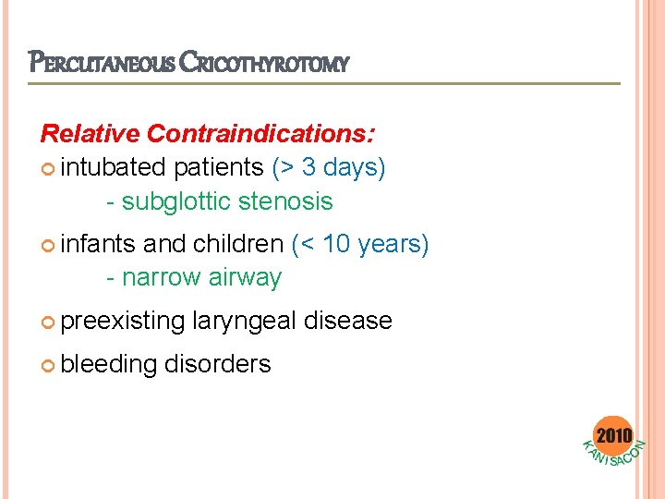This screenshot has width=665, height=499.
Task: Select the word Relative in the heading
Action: (x=90, y=134)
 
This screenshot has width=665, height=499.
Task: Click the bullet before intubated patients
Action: (x=48, y=169)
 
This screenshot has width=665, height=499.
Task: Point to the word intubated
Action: (x=116, y=168)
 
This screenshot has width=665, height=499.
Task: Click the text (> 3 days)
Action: (x=329, y=168)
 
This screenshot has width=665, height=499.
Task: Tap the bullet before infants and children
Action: (x=48, y=245)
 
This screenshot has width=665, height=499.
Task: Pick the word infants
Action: (x=98, y=244)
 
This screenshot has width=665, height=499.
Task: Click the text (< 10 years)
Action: (x=360, y=244)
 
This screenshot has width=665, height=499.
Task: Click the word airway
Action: (x=245, y=277)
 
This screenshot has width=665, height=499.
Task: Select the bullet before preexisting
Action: (x=48, y=322)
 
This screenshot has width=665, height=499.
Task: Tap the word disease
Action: (x=348, y=321)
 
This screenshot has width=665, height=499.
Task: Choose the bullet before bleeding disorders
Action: (x=48, y=365)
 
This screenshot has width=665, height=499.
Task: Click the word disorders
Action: (x=218, y=364)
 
